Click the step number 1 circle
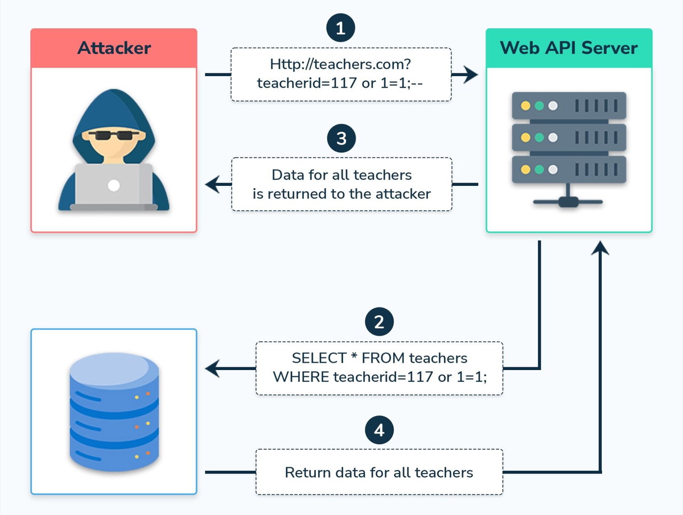coord(340,28)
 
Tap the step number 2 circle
coord(379,322)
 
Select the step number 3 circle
coord(341,139)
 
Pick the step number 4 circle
coord(379,430)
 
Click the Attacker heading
coord(114,48)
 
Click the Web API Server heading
coord(569,48)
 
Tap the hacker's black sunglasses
coord(113,135)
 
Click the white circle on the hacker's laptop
coord(114,185)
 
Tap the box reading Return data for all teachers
coord(379,472)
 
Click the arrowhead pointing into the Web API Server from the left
coord(470,74)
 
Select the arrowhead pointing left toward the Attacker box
coord(212,184)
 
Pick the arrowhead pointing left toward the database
coord(213,369)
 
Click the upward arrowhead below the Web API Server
coord(600,247)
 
